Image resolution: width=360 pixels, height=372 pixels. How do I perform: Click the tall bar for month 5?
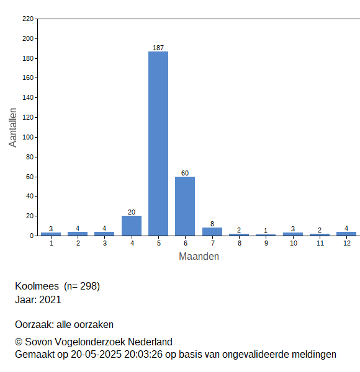158,144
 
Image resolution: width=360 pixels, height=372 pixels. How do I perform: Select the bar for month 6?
185,206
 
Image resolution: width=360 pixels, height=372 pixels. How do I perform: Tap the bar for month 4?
132,226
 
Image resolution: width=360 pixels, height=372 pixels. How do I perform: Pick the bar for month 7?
212,232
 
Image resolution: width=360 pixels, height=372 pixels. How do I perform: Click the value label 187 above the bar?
158,48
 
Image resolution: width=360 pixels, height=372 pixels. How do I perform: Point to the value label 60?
185,173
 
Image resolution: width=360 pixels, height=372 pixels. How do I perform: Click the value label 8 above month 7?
212,224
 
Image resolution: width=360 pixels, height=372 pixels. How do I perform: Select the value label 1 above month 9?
266,231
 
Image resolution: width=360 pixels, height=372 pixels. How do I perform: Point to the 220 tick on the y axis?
28,19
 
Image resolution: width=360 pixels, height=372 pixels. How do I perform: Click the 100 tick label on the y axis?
28,138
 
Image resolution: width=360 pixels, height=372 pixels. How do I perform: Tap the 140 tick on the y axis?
28,97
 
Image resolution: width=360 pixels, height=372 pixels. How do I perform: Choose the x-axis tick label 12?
347,243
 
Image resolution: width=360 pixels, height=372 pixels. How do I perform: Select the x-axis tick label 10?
294,243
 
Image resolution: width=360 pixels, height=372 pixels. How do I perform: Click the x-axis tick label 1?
52,243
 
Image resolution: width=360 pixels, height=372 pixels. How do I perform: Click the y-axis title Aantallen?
12,128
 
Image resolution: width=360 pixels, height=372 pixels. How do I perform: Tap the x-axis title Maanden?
199,257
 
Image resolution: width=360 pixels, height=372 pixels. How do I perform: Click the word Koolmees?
37,286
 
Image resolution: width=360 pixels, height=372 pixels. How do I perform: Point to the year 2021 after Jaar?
50,299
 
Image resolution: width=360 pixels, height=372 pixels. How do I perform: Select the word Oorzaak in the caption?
35,324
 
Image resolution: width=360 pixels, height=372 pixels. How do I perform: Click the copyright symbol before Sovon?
19,342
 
